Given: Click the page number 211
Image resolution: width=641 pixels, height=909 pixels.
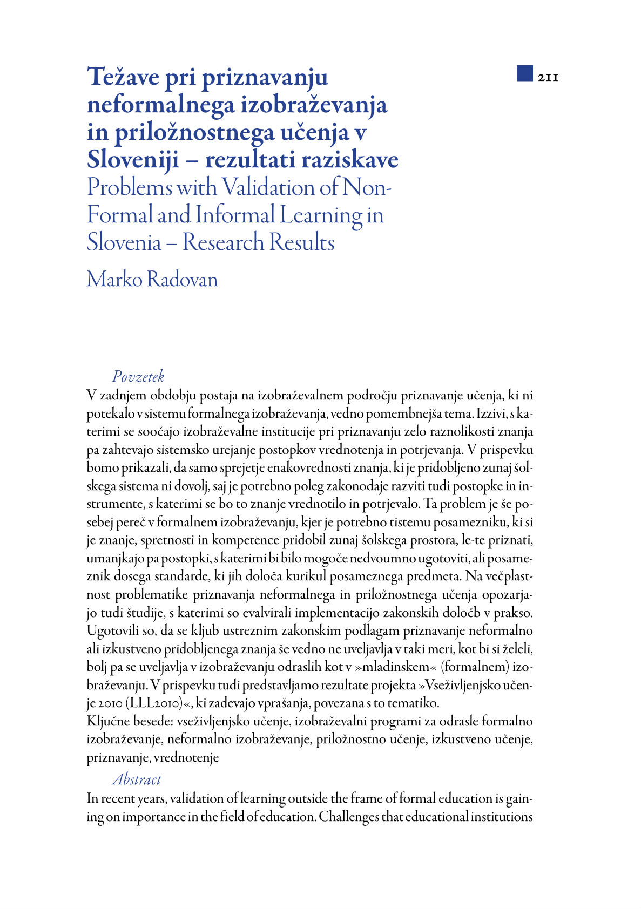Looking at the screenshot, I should pyautogui.click(x=548, y=78).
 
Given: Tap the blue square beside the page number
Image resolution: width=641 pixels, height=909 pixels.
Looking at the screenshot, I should pyautogui.click(x=524, y=73).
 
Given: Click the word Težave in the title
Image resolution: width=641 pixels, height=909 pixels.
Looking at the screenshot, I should pyautogui.click(x=124, y=77).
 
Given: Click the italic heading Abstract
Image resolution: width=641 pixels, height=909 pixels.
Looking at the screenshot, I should pyautogui.click(x=137, y=779).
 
